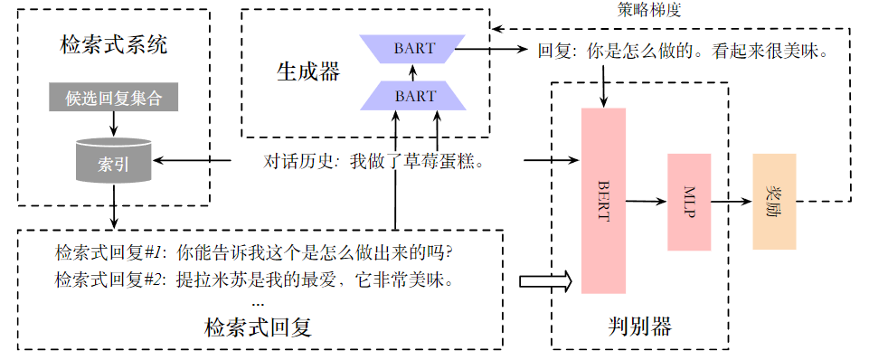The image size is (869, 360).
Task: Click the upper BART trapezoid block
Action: pos(412,49)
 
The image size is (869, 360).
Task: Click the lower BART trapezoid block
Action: pos(412,95)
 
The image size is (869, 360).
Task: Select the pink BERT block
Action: pos(603,200)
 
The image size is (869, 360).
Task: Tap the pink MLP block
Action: pos(689,202)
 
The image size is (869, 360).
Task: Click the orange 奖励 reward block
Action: pos(773,201)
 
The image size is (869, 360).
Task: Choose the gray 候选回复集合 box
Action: pos(113,98)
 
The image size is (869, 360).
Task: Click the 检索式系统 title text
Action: pos(113,44)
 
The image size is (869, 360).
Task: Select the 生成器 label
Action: pos(307,72)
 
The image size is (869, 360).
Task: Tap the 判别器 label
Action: pos(638,325)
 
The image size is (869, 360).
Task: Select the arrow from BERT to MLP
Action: pos(646,201)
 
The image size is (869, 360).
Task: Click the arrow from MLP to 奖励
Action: pos(731,201)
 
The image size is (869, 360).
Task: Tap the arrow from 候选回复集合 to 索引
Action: pos(113,123)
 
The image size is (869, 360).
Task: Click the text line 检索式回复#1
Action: pos(253,251)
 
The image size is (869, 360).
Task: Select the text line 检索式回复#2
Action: pos(253,279)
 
